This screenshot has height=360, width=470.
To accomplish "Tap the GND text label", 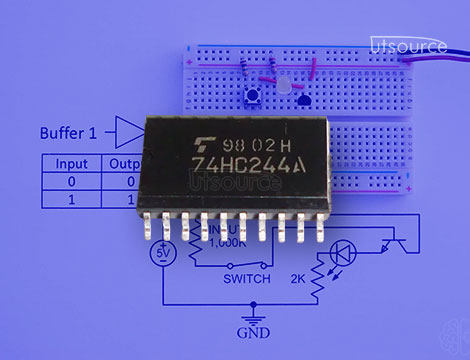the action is pos(251,331).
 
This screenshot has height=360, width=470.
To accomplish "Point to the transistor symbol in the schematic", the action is pos(399,240).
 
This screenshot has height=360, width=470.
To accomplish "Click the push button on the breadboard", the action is pos(253,96).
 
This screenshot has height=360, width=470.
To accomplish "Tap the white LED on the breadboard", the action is pos(283,87).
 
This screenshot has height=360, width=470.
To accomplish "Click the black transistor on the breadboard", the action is pos(304,98).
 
